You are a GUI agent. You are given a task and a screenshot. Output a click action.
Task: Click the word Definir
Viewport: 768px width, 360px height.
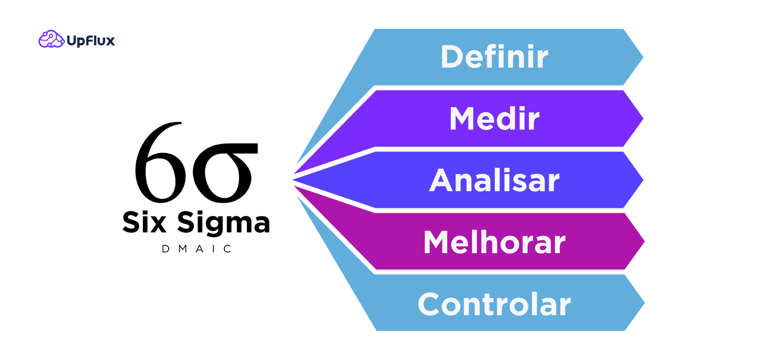494,57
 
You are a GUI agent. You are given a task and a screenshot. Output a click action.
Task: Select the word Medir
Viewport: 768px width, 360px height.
494,119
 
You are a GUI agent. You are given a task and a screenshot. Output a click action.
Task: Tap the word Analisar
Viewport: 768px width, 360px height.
494,180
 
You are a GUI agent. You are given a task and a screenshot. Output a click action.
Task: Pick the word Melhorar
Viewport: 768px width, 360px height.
494,242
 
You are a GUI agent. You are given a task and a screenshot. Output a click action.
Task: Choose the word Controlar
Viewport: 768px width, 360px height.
494,304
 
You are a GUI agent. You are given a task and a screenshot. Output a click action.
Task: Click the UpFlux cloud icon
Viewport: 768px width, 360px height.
51,39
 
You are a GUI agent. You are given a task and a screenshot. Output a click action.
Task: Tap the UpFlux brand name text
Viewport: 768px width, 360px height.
91,41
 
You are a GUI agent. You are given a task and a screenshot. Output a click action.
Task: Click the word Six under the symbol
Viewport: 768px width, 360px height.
144,222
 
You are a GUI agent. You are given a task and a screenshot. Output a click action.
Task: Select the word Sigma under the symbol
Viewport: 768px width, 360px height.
224,223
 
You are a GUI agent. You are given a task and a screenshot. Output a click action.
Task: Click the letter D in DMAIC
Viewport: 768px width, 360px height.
166,249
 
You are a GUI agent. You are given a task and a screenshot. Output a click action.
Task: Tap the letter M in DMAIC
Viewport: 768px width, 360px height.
183,249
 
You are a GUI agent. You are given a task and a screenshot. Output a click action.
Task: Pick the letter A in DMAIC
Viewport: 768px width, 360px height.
200,249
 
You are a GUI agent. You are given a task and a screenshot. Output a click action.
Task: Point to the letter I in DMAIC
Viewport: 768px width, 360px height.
214,249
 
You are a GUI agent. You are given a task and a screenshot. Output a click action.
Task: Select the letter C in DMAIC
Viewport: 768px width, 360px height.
227,249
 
